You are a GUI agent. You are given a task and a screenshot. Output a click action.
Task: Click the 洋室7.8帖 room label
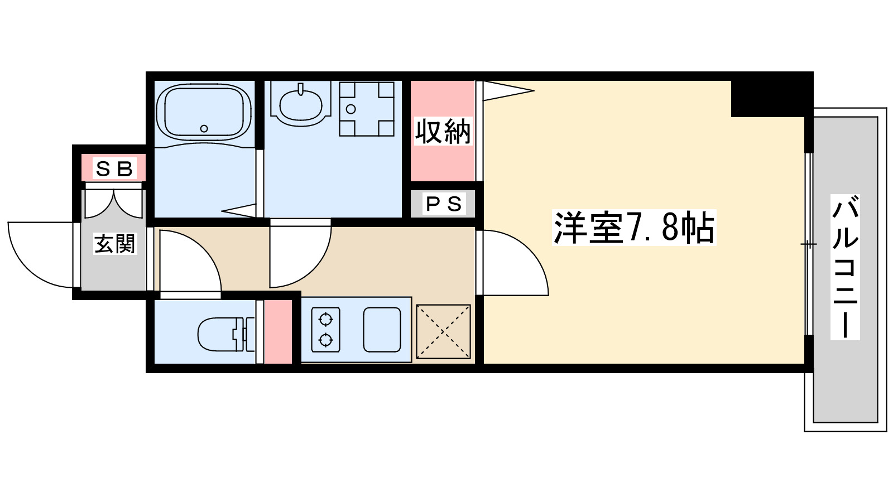pos(633,228)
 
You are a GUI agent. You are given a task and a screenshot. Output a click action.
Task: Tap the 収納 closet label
pos(443,132)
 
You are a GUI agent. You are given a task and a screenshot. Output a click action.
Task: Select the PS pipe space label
pos(444,204)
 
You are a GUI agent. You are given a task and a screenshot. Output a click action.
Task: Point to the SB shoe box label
pos(114,168)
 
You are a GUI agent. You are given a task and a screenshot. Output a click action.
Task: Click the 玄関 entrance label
pos(114,244)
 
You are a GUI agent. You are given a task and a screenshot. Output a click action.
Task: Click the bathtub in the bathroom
pos(203,112)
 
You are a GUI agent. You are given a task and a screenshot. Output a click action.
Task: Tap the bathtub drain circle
pos(204,129)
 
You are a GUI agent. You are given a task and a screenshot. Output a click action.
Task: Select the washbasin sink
pos(300,104)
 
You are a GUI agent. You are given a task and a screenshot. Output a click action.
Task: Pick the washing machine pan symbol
pos(367,109)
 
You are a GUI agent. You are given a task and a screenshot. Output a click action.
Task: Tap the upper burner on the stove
pos(325,320)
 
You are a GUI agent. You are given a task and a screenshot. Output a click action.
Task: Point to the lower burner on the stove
pos(325,339)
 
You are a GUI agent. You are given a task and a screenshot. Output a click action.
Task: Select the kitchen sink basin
pos(382,330)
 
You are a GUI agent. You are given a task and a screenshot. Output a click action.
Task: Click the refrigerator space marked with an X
pos(443,331)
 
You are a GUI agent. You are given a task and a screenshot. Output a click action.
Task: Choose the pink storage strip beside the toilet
pos(278,332)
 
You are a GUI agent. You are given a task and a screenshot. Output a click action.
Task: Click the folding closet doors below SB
pos(114,204)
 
